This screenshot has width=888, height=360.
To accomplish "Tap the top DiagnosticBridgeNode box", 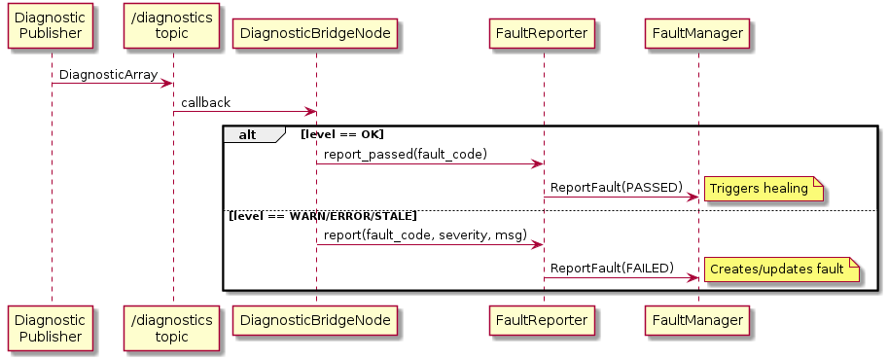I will pos(316,33).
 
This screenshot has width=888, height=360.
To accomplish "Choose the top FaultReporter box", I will pos(544,33).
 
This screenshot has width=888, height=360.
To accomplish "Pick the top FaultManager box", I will pos(697,33).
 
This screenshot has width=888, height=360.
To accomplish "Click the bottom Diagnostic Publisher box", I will pos(52,328).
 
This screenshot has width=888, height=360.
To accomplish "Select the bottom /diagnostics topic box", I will pos(172,328).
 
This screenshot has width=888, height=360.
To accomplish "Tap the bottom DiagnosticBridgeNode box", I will pos(316,319).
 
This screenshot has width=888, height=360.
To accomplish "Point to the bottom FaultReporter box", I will pos(544,319).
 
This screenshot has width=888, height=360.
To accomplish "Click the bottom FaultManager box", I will pos(697,319).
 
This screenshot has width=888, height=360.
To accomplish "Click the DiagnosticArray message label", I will pos(107,75).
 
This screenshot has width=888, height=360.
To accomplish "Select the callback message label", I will pos(206,103).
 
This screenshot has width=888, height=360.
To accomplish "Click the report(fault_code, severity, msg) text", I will pos(425,234).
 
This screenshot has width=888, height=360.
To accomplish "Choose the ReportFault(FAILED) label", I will pos(613,268).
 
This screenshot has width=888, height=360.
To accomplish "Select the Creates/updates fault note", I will pos(781,270).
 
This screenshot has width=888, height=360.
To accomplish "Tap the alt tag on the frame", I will pos(248,134).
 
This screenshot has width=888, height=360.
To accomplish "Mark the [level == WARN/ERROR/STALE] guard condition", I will pos(323,215).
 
